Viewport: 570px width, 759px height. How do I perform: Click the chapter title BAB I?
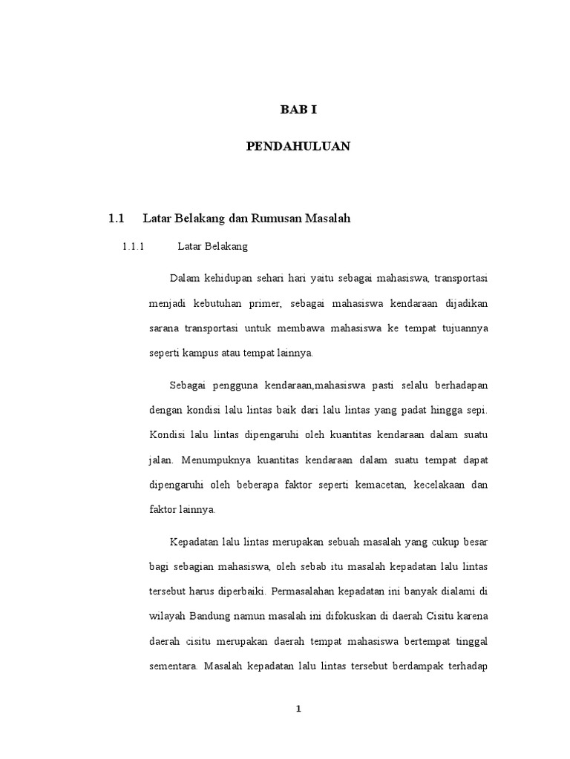(298, 110)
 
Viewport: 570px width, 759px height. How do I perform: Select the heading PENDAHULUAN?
(298, 147)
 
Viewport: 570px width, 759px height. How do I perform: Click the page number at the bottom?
(298, 709)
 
